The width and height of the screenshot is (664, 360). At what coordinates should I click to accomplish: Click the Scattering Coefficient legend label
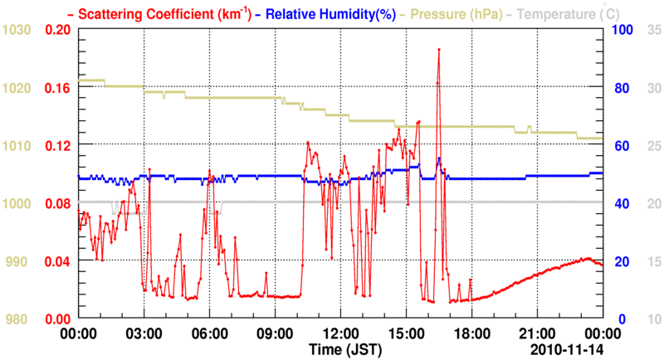(x=166, y=13)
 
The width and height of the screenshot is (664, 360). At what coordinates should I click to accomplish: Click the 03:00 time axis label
(x=144, y=333)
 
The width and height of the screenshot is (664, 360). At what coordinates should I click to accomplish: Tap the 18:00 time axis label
(x=471, y=333)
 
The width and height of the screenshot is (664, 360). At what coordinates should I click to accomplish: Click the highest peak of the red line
(x=438, y=50)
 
